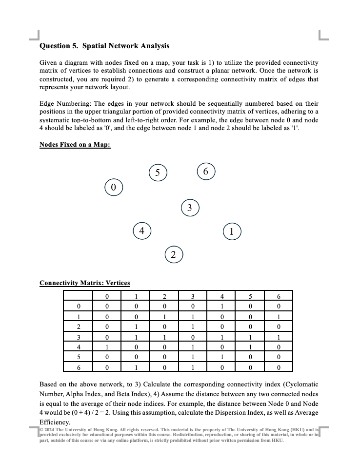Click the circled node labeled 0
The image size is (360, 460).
[x=113, y=187]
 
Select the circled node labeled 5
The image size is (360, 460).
[x=157, y=172]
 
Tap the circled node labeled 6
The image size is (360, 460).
[x=206, y=172]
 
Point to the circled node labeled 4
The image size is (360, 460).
[x=141, y=230]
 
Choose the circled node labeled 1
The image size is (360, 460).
[x=232, y=231]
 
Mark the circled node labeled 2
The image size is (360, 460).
[x=174, y=254]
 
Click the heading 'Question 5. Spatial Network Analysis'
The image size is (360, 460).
[x=104, y=46]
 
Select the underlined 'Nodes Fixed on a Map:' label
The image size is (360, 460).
[x=75, y=145]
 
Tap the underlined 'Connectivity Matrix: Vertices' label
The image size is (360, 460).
[x=84, y=283]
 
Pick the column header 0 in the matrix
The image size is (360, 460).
[x=107, y=296]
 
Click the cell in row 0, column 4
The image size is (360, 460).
[x=221, y=306]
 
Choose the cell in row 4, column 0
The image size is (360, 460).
[x=107, y=346]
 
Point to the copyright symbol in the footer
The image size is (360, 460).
[x=41, y=429]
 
